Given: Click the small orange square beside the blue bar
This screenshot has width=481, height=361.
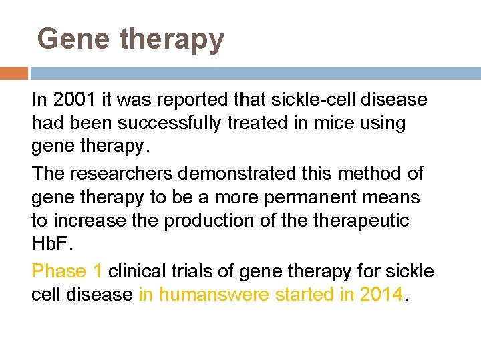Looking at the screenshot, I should (x=14, y=73).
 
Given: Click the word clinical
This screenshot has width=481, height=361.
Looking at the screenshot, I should (x=138, y=271).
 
